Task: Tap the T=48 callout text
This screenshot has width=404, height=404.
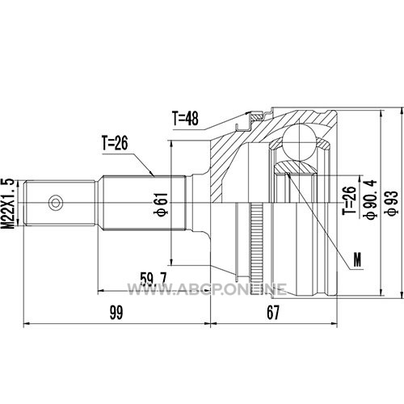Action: pos(186,118)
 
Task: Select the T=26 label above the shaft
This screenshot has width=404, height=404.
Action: pos(115,143)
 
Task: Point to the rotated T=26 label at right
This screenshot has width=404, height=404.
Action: pos(349,200)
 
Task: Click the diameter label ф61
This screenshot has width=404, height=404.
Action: pos(161,204)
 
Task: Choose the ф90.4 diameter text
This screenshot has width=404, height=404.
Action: pos(370,200)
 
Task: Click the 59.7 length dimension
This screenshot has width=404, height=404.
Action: pos(154,279)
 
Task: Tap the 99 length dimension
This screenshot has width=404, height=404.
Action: pos(116,313)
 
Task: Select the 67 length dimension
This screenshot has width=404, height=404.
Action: pos(273,313)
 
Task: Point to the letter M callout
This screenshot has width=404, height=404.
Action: pos(357,259)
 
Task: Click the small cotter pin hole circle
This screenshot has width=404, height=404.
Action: pos(56,203)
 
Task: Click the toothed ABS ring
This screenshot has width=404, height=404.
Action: pos(257,250)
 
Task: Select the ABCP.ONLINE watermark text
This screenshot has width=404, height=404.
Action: pos(207,289)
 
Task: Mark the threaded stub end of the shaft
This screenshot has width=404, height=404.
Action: pos(60,203)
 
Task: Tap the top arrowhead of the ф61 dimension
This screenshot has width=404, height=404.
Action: pos(170,144)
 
